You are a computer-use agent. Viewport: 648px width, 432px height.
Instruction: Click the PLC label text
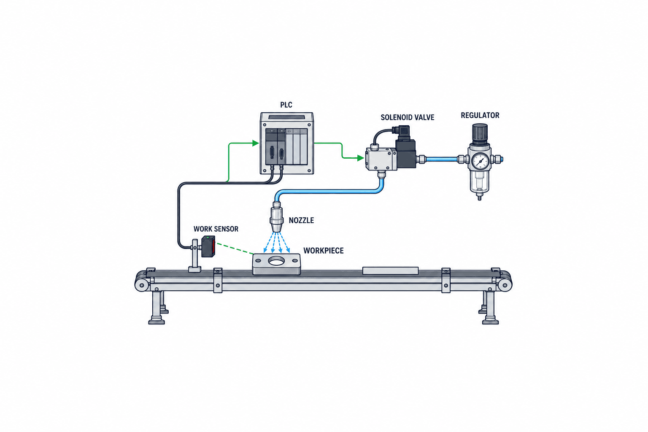pyautogui.click(x=286, y=105)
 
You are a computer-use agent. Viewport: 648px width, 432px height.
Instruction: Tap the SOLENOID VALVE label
pyautogui.click(x=407, y=117)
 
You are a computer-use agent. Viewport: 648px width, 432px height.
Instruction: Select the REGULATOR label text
pyautogui.click(x=480, y=116)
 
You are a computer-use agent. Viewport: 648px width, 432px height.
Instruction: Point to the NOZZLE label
pyautogui.click(x=301, y=221)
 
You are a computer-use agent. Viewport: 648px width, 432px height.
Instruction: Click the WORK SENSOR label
pyautogui.click(x=216, y=229)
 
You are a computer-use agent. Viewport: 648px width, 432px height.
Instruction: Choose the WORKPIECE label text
pyautogui.click(x=324, y=251)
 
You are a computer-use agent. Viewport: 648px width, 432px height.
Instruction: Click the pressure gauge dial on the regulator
pyautogui.click(x=480, y=161)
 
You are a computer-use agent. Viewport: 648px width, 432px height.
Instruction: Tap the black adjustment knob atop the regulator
pyautogui.click(x=480, y=134)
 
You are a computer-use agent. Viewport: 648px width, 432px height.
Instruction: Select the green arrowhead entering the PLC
pyautogui.click(x=255, y=143)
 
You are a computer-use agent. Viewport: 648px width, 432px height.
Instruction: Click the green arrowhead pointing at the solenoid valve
pyautogui.click(x=360, y=158)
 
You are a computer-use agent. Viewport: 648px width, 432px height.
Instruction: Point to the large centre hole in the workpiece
pyautogui.click(x=277, y=261)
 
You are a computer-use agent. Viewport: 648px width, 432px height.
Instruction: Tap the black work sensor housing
pyautogui.click(x=208, y=246)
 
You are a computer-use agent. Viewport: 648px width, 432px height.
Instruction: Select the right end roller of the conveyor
pyautogui.click(x=505, y=285)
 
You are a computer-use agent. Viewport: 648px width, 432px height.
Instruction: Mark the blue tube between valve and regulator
pyautogui.click(x=442, y=159)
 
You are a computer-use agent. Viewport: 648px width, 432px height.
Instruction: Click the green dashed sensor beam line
pyautogui.click(x=235, y=248)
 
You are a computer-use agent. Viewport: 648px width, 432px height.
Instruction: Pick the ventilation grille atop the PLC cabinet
pyautogui.click(x=287, y=117)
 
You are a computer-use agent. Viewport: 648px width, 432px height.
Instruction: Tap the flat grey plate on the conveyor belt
pyautogui.click(x=390, y=270)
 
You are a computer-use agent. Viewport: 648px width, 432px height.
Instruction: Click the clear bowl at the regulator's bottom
pyautogui.click(x=480, y=182)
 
